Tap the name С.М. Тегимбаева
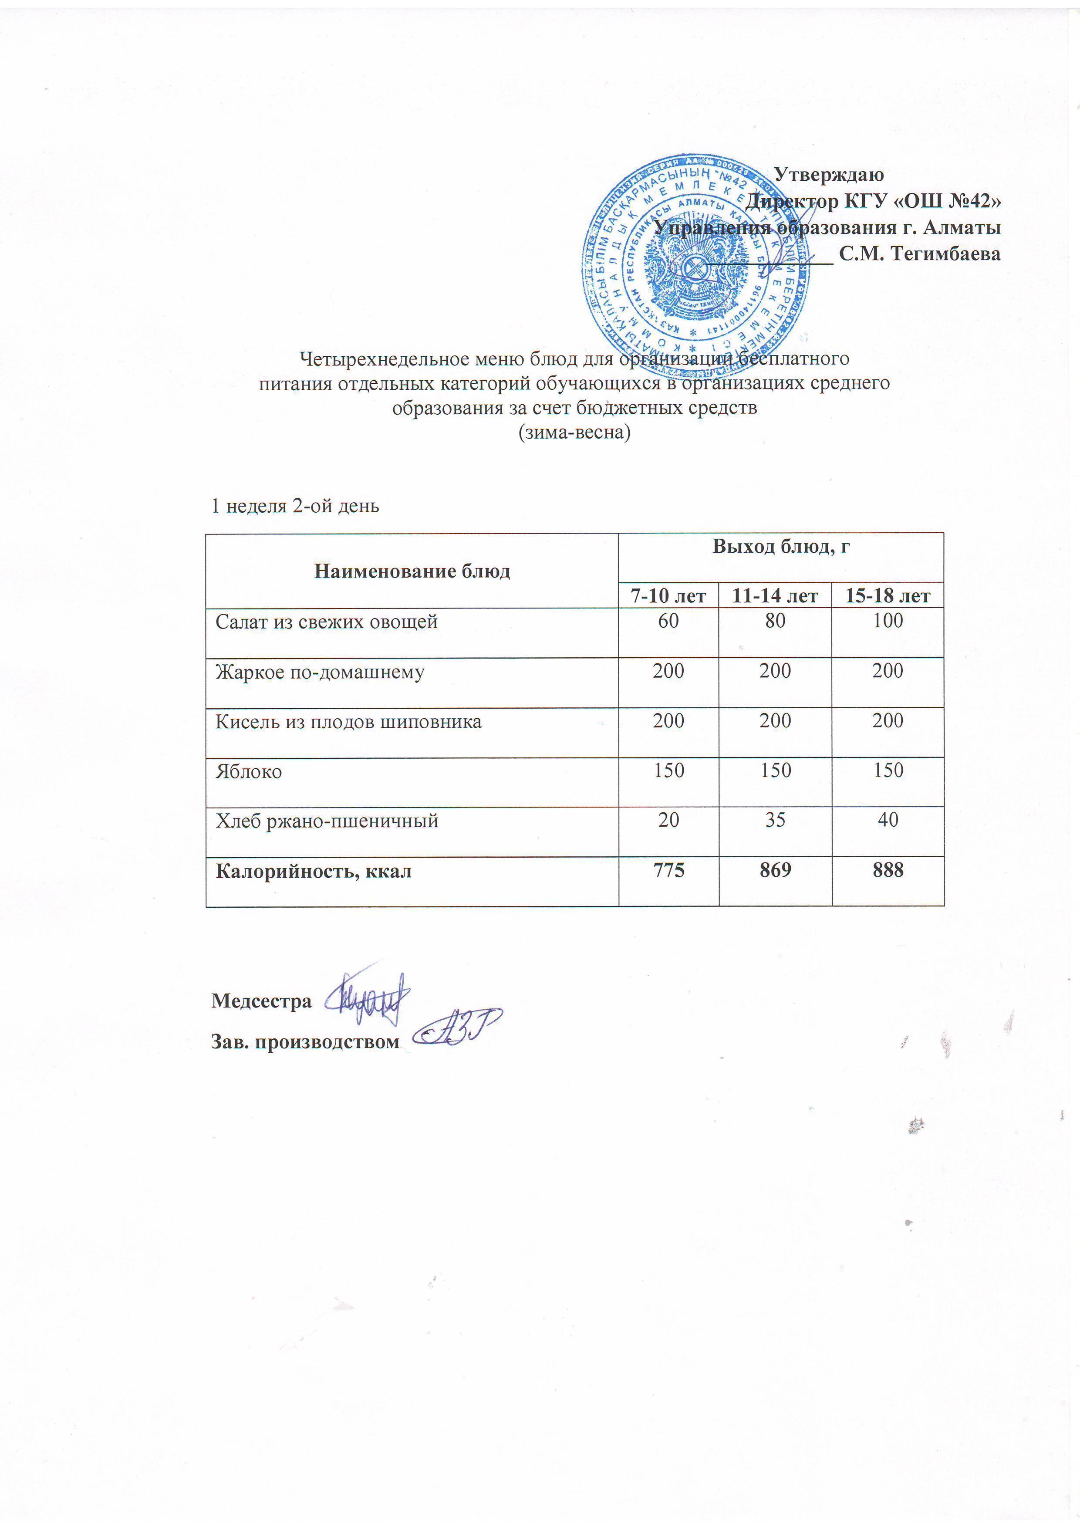[920, 254]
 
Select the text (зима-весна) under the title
[574, 433]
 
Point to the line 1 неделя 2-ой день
[295, 507]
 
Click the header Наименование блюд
[412, 571]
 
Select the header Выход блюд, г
[781, 547]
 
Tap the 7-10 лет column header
[668, 595]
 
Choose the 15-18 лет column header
[888, 595]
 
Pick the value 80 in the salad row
[775, 621]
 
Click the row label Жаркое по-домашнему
[319, 672]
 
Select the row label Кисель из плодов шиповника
[348, 722]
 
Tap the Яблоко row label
[248, 772]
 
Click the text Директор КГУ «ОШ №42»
[873, 201]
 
